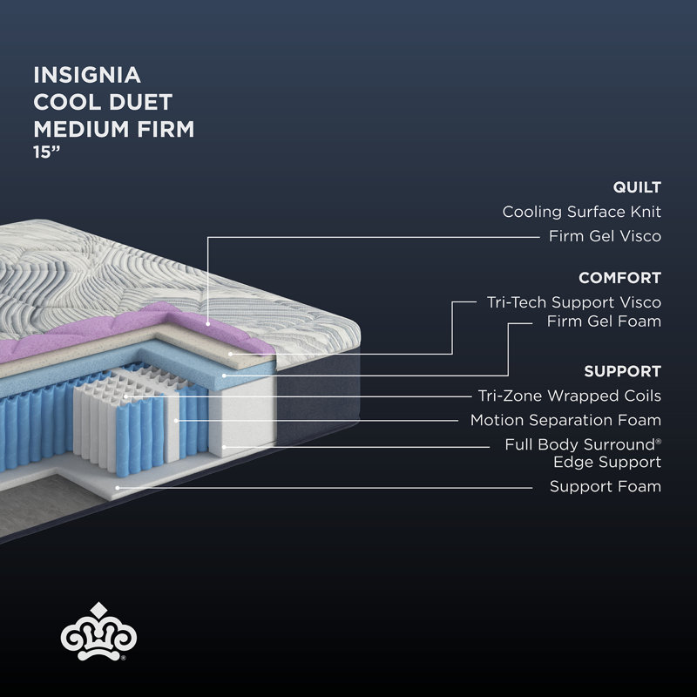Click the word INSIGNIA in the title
coord(87,75)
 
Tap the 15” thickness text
coord(47,152)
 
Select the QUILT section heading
coord(637,187)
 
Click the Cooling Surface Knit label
coord(581,212)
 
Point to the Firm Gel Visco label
coord(605,236)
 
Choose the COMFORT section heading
coord(619,278)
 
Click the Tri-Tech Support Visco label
coord(574,302)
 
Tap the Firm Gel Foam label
coord(604,321)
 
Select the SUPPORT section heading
coord(622,371)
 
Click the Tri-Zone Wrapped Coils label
coord(570,396)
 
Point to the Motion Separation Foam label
coord(565,420)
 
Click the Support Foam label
coord(606,486)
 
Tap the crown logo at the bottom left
coord(98,632)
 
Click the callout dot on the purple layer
coord(207,324)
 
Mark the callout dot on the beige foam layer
coord(230,355)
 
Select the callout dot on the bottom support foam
coord(118,488)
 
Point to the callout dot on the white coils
coord(125,396)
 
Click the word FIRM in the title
coord(166,129)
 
